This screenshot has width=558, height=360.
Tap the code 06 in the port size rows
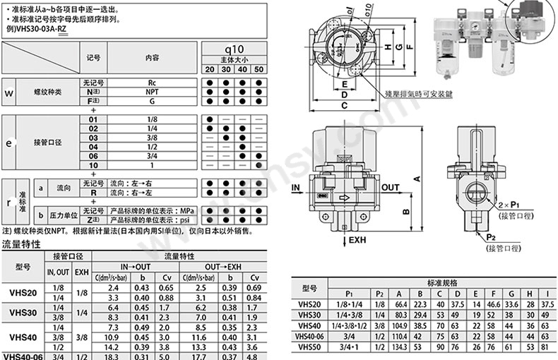93,155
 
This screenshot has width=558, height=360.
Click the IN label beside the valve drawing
297,188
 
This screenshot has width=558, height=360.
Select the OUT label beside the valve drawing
391,188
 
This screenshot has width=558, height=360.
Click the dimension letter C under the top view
344,106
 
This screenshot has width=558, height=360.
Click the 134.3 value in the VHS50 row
400,347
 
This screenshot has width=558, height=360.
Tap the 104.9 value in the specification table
400,325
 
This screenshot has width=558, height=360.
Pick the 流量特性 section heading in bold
22,244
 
